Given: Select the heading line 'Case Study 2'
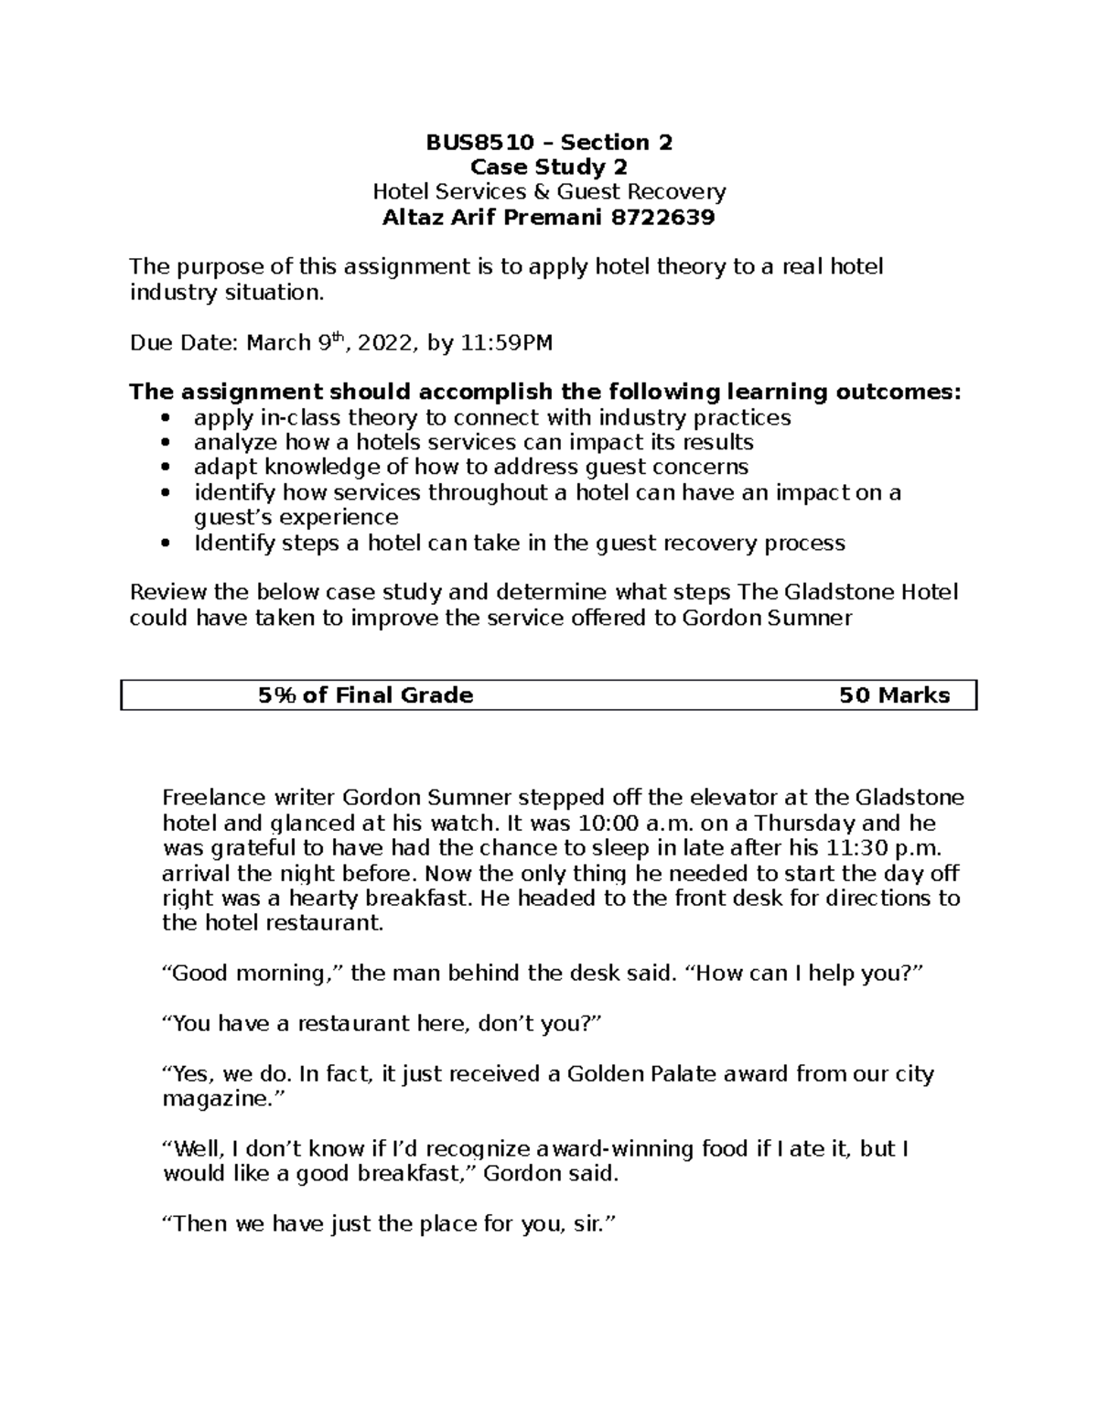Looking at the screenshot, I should pos(549,167).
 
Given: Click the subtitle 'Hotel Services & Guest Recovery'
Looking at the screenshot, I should pos(549,192).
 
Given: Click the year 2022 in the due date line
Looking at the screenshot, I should pos(385,343).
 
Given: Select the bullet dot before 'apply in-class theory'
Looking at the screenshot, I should pos(165,419).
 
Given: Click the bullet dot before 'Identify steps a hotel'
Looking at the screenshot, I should pos(165,544).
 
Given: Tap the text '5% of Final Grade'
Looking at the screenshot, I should pos(365,695).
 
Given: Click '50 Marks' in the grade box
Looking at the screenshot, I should pos(894,695).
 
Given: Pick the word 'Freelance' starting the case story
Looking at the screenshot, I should pos(207,798).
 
